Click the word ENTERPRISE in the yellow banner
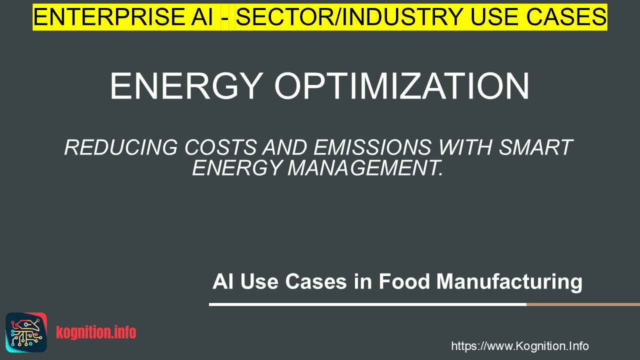108,17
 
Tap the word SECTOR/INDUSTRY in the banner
349,17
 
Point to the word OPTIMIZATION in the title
402,86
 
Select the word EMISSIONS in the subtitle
372,147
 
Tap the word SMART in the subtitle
535,147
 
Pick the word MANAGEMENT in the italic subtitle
365,168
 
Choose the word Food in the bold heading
404,281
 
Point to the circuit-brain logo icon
26,332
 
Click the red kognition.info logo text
96,332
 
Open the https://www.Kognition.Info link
520,346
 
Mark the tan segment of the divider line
583,304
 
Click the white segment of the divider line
367,304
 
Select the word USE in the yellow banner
494,17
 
